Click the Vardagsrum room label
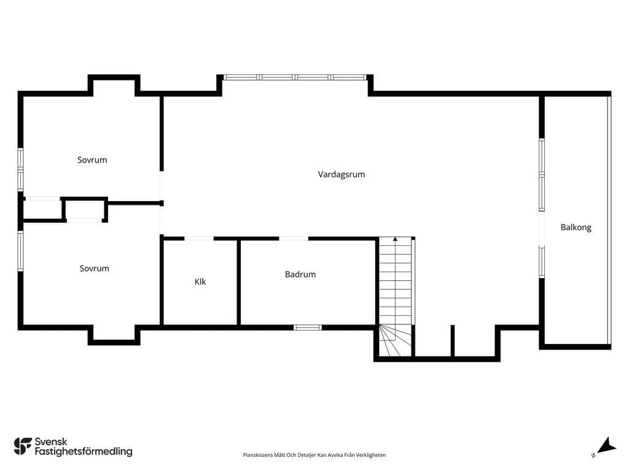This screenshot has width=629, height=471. pos(342,175)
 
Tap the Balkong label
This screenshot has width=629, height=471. pos(576,228)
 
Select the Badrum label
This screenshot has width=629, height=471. pos(300,274)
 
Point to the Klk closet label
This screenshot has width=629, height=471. pos(200,281)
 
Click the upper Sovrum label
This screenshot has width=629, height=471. pos(92,160)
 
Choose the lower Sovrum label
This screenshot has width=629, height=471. pos(94,269)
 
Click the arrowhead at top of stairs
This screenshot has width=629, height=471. pos(395,239)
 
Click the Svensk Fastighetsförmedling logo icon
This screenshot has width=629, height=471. pos(23,446)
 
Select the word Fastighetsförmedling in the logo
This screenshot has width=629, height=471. pos(84,452)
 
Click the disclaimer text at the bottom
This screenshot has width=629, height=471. pos(314,455)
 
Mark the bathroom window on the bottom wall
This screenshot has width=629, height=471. pos(308,327)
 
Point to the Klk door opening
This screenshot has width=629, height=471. pos(198,239)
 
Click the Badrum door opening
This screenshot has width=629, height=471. pos(294,239)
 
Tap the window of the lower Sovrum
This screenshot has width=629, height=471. pos(20,251)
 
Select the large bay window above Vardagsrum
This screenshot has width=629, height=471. pos(295,77)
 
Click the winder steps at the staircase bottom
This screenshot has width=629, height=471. pos(396,340)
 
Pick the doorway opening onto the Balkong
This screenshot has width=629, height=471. pos(542,229)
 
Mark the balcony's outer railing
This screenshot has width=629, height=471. pos(609,220)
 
